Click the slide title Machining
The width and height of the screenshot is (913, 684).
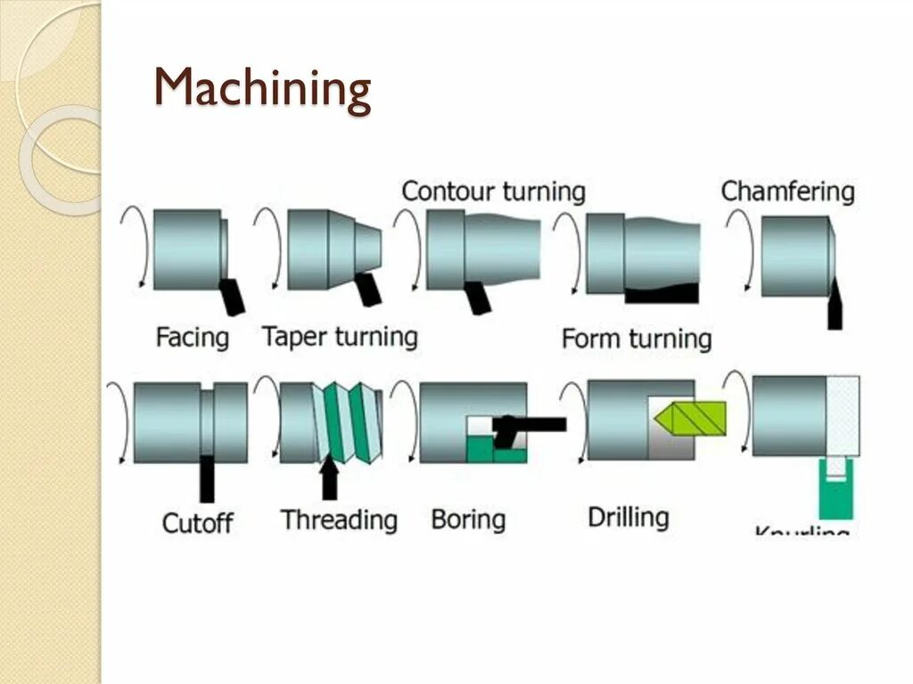tap(263, 90)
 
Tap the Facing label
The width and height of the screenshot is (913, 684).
tap(193, 338)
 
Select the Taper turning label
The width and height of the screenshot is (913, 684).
tap(340, 337)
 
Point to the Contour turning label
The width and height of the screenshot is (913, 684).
tap(493, 191)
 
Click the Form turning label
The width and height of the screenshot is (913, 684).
tap(637, 338)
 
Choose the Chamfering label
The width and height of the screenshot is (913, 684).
tap(787, 191)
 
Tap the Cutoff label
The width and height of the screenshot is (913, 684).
tap(198, 521)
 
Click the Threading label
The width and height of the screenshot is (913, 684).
tap(339, 519)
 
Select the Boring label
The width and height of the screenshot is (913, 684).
tap(468, 519)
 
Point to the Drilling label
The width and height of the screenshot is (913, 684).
tap(628, 517)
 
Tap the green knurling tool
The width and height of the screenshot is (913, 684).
tap(835, 490)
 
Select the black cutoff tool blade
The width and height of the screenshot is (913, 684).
tap(207, 477)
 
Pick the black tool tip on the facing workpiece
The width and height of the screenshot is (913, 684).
tap(233, 296)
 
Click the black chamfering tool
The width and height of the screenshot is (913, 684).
tap(835, 305)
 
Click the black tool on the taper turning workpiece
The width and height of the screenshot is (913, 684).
tap(368, 290)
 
